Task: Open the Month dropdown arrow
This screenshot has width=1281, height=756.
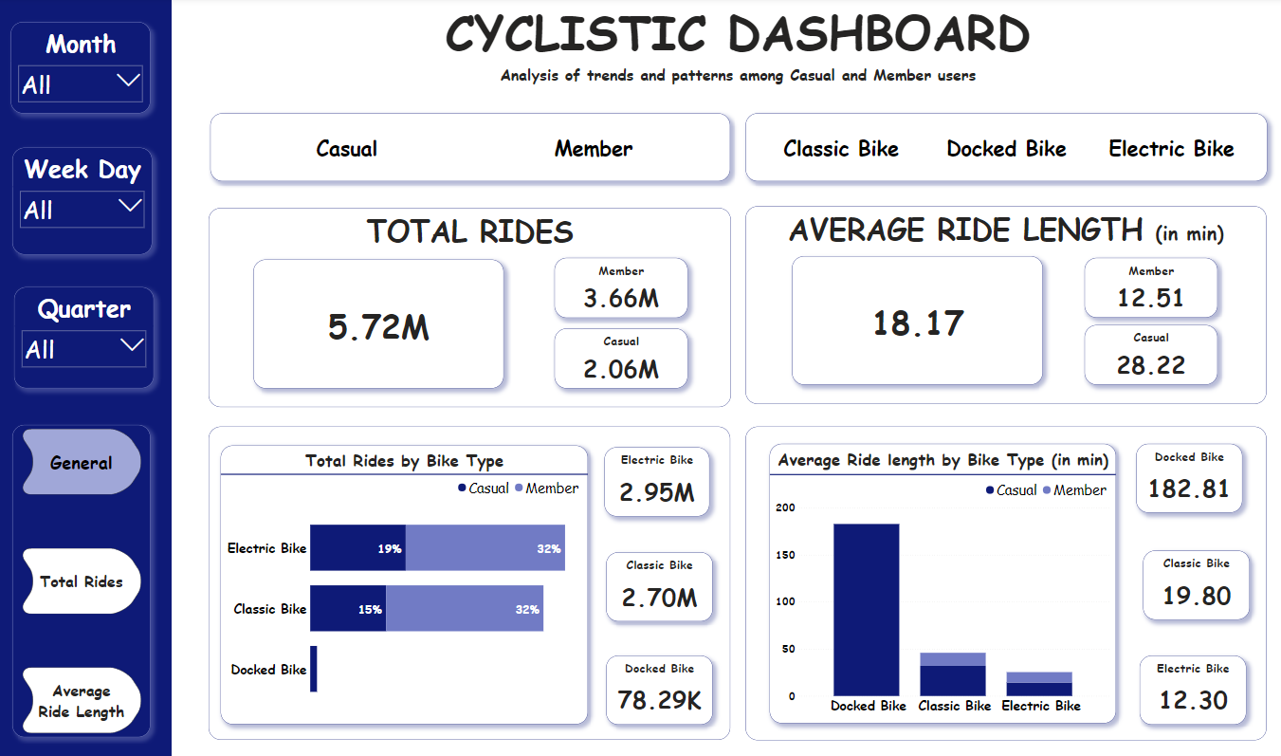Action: [x=128, y=82]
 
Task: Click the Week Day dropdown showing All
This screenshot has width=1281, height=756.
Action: [x=82, y=210]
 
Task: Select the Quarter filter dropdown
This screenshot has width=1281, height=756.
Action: [x=83, y=349]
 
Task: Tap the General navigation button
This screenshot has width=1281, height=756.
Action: [x=82, y=463]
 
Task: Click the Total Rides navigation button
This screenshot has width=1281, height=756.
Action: [x=82, y=581]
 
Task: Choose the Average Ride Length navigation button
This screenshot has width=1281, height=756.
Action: [x=82, y=702]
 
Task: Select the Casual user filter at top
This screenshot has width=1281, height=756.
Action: [x=346, y=149]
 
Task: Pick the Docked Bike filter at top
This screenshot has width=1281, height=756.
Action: [x=1006, y=149]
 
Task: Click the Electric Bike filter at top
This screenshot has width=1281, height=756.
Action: [x=1171, y=149]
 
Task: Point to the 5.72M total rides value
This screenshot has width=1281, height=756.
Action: [x=378, y=327]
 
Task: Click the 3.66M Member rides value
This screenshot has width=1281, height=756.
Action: [x=621, y=299]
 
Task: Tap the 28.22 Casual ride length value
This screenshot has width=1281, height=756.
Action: [x=1150, y=365]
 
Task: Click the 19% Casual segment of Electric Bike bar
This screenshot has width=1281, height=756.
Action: [x=357, y=548]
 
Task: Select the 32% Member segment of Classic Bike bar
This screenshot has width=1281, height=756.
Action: [x=465, y=609]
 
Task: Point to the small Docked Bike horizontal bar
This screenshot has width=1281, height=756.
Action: [x=313, y=669]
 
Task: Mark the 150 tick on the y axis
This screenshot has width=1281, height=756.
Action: [x=785, y=555]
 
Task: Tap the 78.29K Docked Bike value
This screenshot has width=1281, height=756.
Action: [x=659, y=700]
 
